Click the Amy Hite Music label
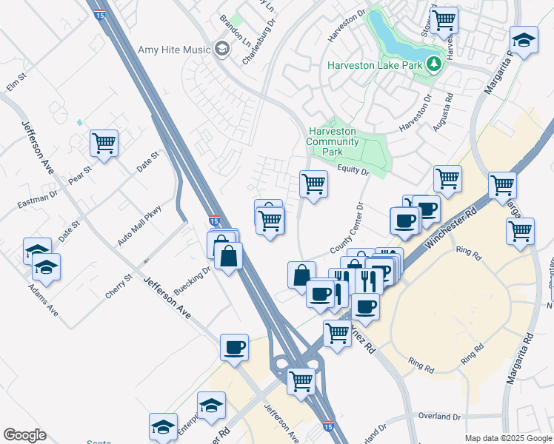coord(175,50)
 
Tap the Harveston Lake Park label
coord(375,65)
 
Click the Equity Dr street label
coord(353,171)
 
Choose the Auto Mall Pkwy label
coord(138,226)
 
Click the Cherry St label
coord(118,285)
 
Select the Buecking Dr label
coord(193,278)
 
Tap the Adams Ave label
coord(44,300)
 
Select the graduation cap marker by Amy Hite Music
coord(221,50)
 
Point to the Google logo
coord(24,435)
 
